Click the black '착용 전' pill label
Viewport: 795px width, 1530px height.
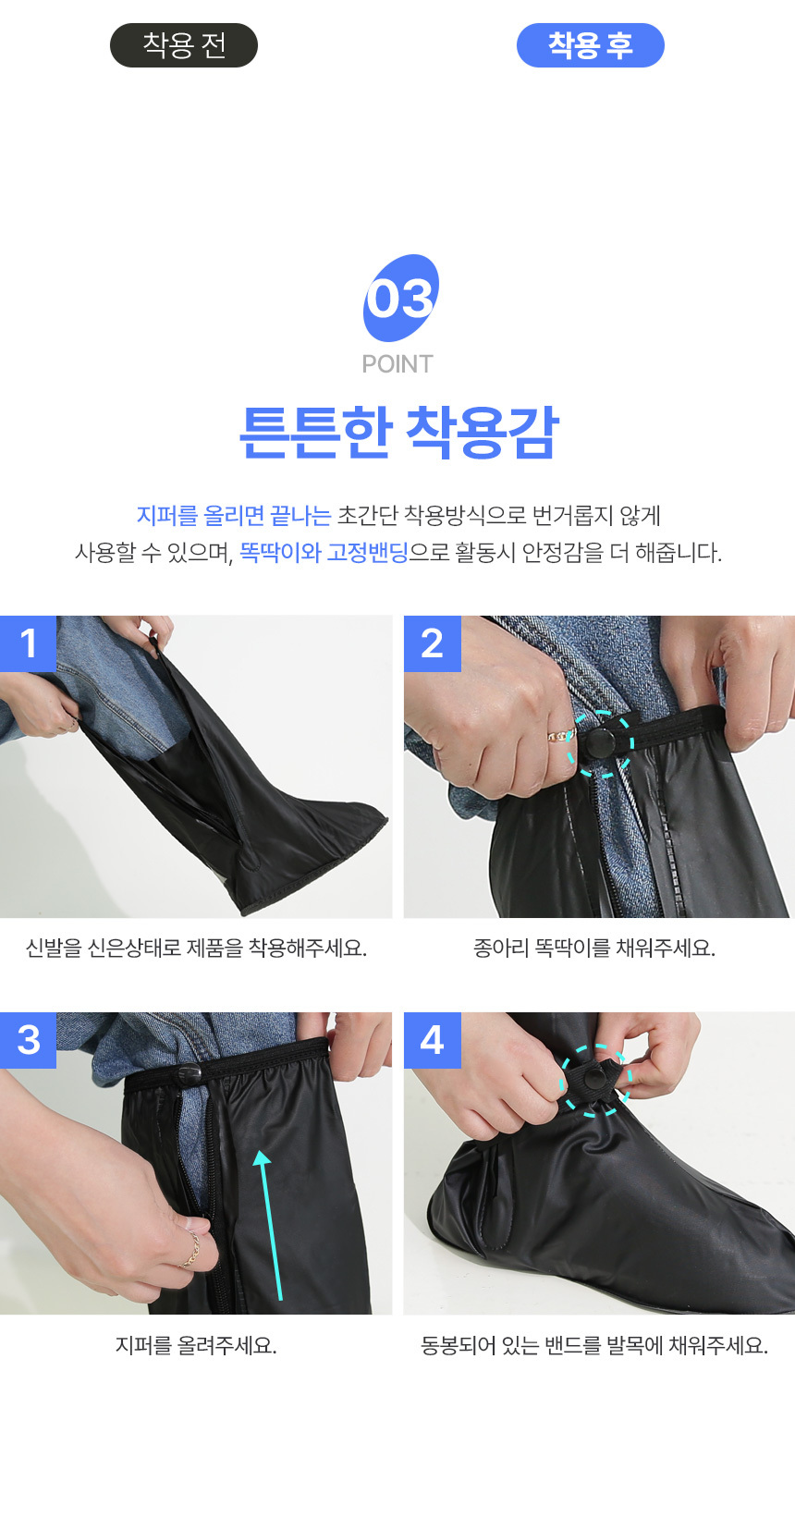coord(184,45)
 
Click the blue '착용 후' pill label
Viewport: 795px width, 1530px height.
coord(590,45)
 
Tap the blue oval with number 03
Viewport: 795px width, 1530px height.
coord(400,298)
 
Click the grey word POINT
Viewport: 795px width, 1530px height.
coord(397,364)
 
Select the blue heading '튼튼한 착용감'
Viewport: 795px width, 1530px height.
coord(399,432)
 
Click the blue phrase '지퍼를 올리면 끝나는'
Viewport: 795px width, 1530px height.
coord(234,516)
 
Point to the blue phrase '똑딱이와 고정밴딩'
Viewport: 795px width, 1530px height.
coord(324,552)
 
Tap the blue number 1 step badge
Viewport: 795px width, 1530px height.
coord(28,643)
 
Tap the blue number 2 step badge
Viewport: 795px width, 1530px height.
coord(433,643)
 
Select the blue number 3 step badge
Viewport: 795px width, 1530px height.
coord(28,1040)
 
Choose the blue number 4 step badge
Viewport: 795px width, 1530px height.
coord(433,1040)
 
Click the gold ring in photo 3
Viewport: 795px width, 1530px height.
coord(190,1249)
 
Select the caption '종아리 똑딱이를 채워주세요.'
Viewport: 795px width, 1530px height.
coord(594,949)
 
